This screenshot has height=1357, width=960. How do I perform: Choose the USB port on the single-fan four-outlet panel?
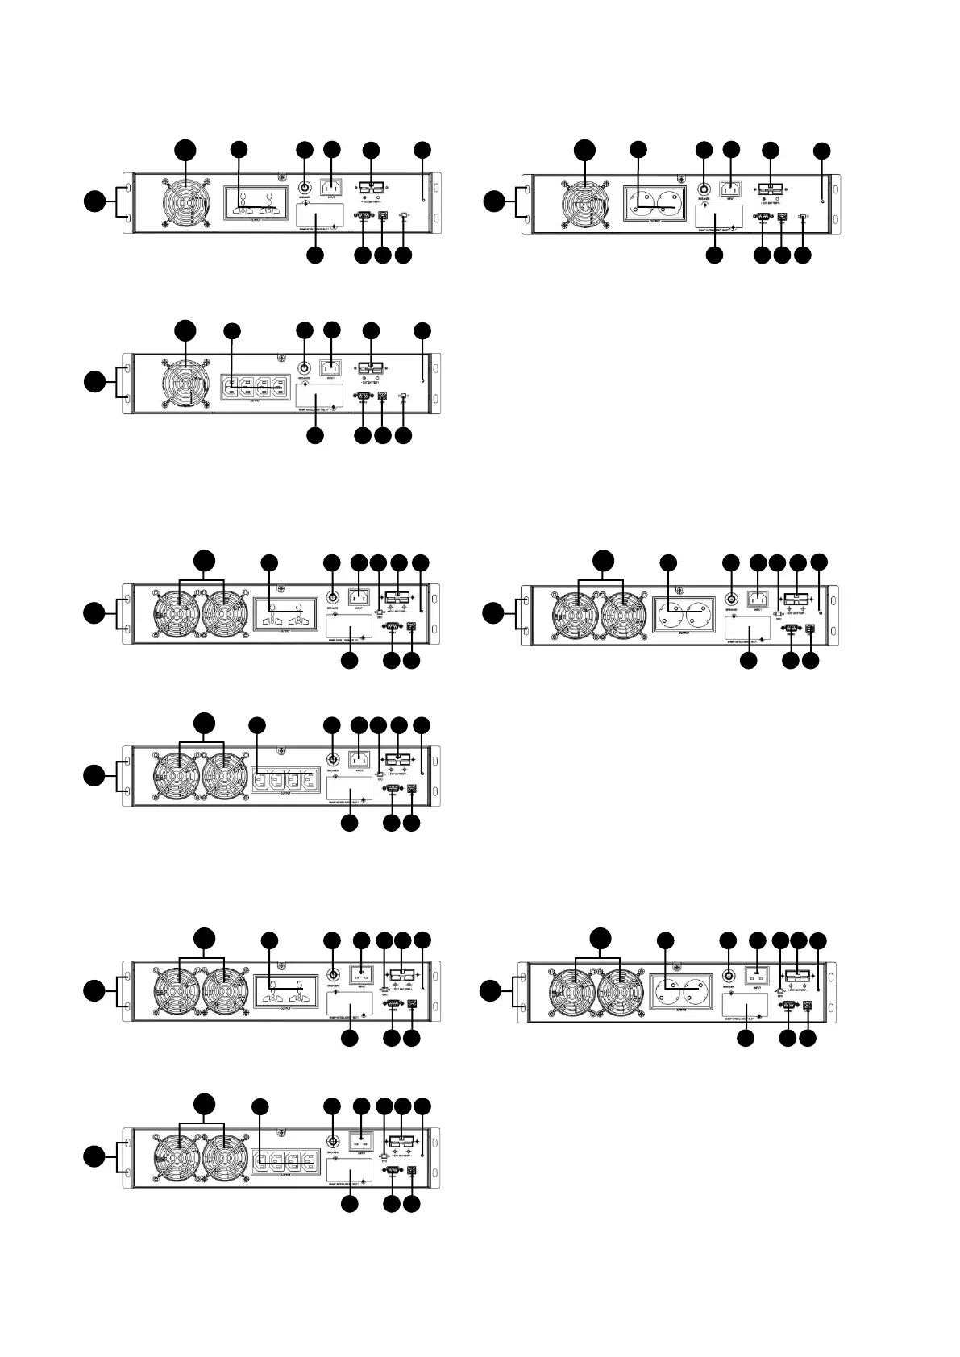[x=383, y=396]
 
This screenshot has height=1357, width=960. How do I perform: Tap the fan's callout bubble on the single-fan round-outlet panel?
[x=585, y=149]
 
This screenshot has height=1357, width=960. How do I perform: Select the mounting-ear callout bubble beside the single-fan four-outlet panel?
[x=94, y=382]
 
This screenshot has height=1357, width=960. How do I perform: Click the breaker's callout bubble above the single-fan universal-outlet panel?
[x=304, y=150]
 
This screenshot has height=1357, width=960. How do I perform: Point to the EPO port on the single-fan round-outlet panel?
[x=803, y=216]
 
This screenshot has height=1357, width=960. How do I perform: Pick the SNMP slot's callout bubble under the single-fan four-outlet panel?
[x=315, y=435]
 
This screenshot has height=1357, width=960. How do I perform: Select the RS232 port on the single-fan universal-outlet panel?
[x=363, y=215]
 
